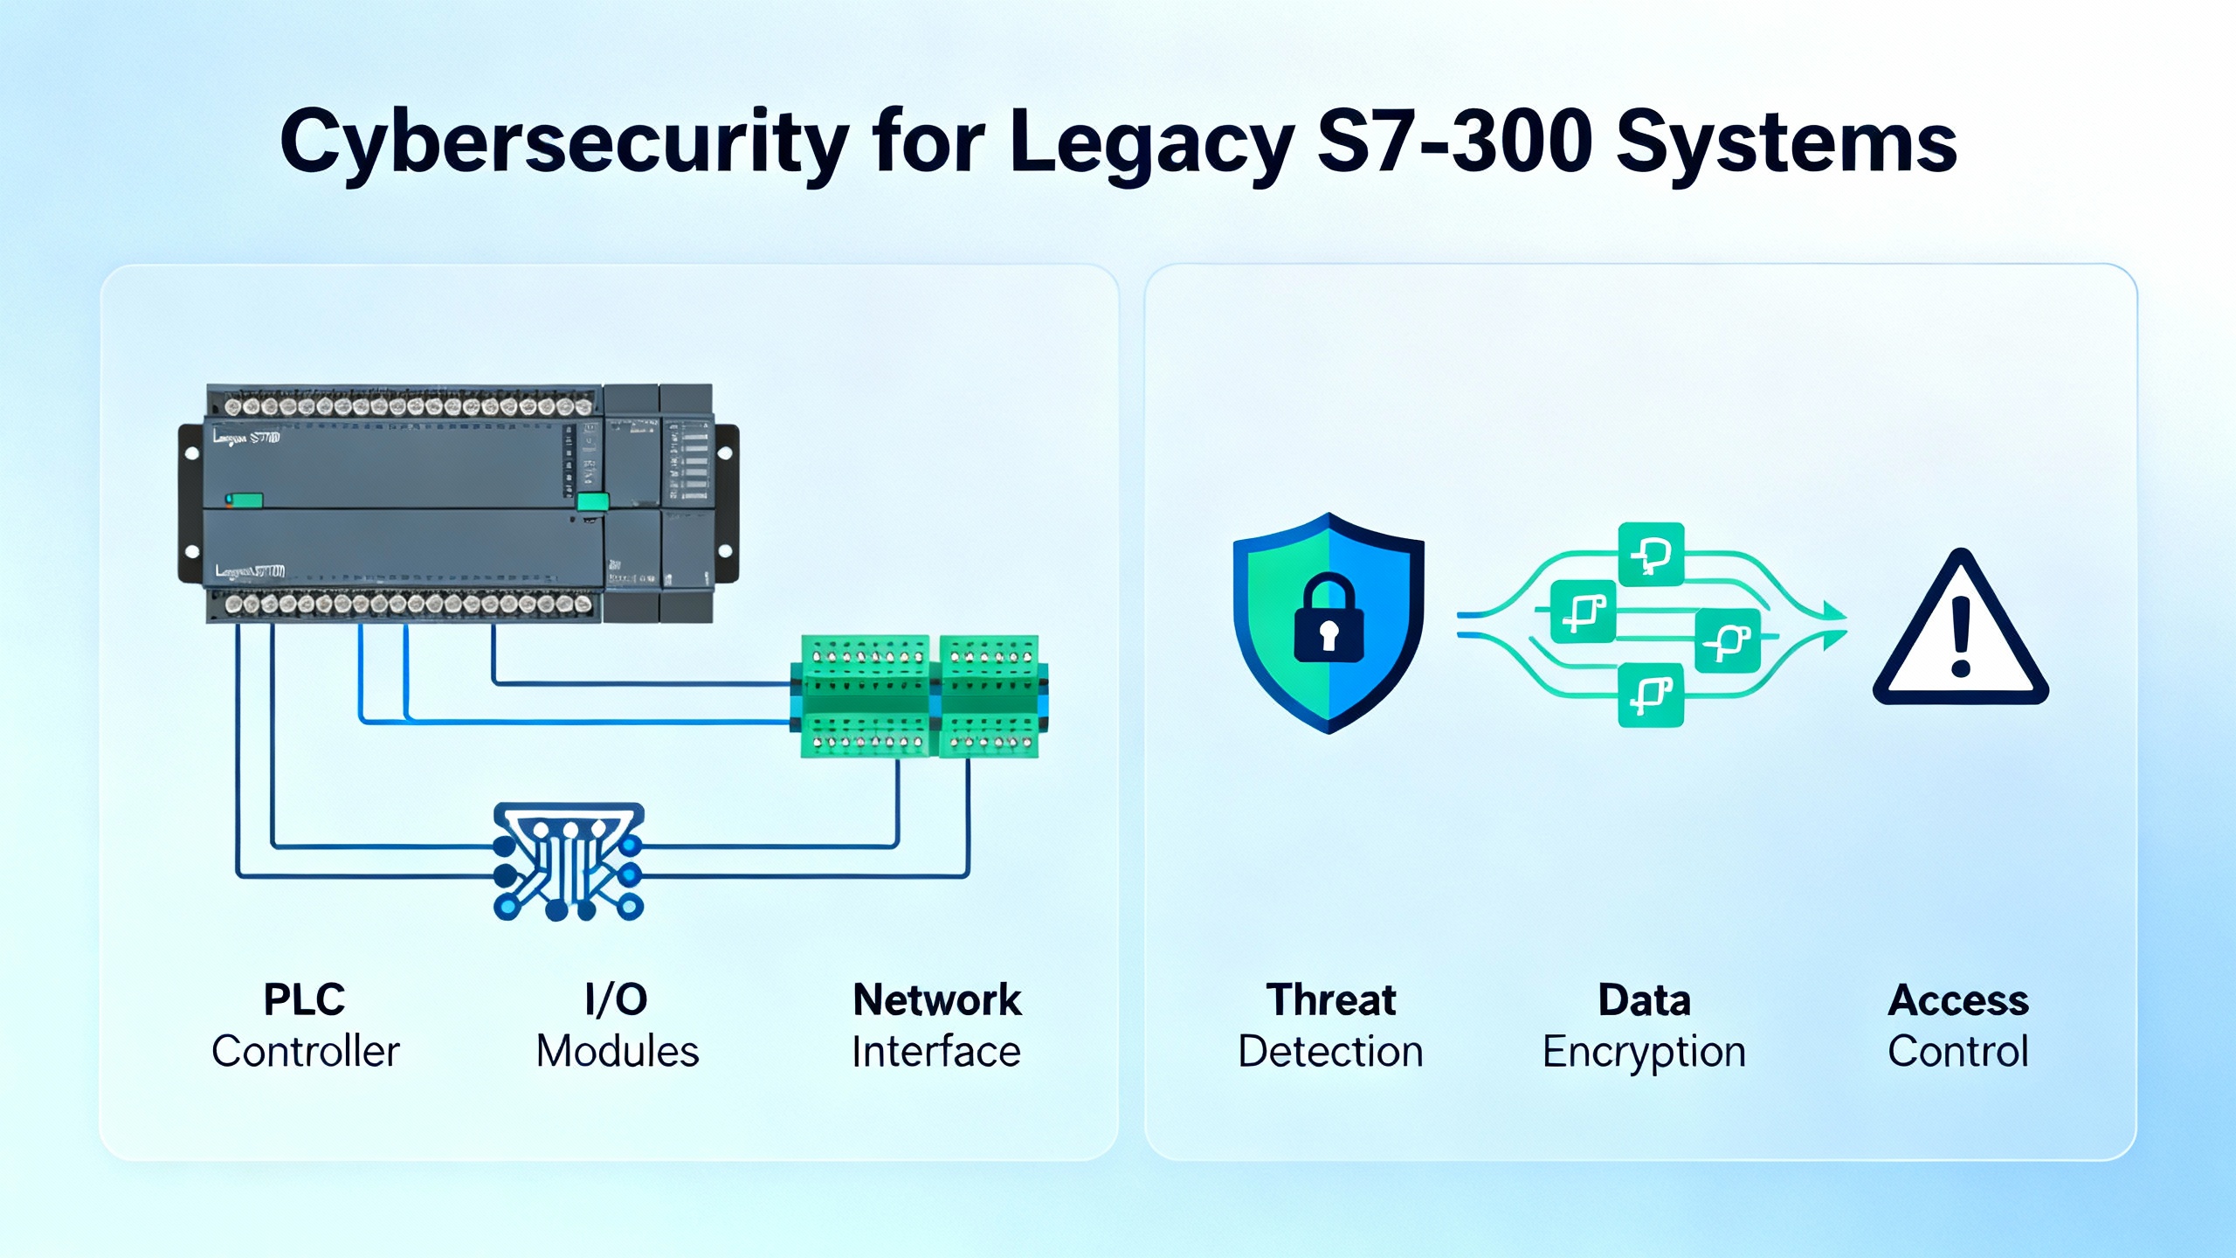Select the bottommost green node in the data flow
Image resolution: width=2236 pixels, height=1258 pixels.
tap(1650, 695)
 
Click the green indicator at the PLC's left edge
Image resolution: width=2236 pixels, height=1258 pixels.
tap(245, 501)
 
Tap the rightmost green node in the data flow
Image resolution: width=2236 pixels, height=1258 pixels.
tap(1728, 641)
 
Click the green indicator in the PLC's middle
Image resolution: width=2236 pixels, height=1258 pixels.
tap(593, 501)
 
